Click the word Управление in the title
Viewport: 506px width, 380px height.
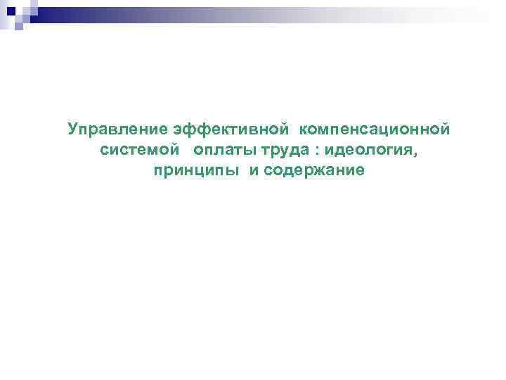click(x=117, y=129)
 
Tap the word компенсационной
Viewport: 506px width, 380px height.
click(x=374, y=129)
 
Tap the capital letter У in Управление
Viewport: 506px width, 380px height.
click(x=73, y=129)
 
